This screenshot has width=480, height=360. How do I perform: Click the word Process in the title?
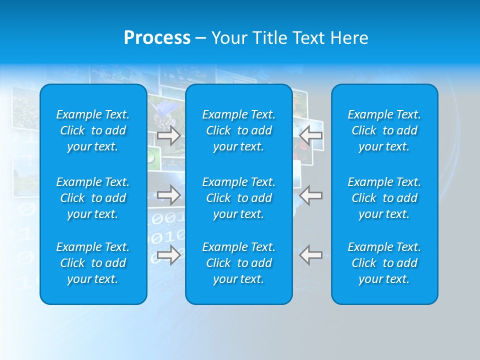pos(157,38)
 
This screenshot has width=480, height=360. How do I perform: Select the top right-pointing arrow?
pos(169,135)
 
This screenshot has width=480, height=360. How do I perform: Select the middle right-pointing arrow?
pos(169,195)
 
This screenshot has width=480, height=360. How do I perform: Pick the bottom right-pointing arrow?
pos(169,255)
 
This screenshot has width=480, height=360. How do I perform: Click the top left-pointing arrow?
pos(311,135)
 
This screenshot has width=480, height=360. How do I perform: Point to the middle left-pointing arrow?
pos(311,195)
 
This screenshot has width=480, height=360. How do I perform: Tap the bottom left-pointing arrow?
pos(311,255)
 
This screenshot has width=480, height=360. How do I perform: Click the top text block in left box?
pos(93,130)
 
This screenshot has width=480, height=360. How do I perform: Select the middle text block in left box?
pos(93,198)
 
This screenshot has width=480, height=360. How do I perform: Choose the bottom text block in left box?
pos(93,263)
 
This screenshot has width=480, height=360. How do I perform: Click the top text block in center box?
pos(239,130)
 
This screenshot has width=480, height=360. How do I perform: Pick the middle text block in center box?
pos(239,198)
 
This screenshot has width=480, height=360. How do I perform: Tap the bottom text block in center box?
pos(239,263)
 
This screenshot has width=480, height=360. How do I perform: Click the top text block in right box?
pos(384,130)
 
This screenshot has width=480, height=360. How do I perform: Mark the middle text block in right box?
pos(384,198)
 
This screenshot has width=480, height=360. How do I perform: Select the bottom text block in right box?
pos(384,263)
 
